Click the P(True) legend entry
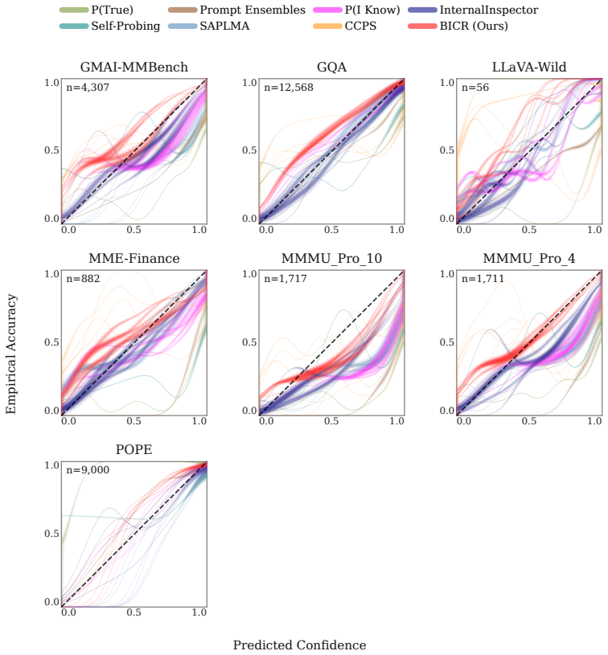pos(97,10)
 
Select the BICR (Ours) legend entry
pos(458,26)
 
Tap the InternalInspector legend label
pos(489,10)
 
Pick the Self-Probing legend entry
pos(109,26)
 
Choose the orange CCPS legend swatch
pos(327,26)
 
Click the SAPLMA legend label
pos(224,26)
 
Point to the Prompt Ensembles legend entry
pos(236,10)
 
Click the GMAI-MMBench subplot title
pos(134,67)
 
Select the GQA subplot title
pos(331,67)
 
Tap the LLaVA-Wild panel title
pos(529,67)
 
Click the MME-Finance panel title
pos(134,258)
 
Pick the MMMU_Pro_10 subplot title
pos(331,258)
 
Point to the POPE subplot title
pos(134,449)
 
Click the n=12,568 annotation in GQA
pos(289,88)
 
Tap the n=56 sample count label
pos(475,88)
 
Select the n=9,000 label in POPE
pos(88,470)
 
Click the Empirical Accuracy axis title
pos(11,354)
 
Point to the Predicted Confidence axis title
pos(299,645)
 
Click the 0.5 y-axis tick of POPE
pos(51,534)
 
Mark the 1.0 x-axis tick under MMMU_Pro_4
pos(594,421)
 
